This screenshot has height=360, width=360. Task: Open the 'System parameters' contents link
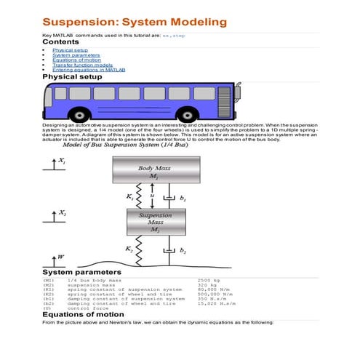71,55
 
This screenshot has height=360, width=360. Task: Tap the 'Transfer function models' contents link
77,65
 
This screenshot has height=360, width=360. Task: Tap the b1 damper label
183,198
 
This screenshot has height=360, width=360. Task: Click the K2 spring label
128,249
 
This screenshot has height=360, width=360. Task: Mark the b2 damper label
183,251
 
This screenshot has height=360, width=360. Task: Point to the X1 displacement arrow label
60,162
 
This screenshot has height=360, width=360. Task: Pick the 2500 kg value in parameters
209,279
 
